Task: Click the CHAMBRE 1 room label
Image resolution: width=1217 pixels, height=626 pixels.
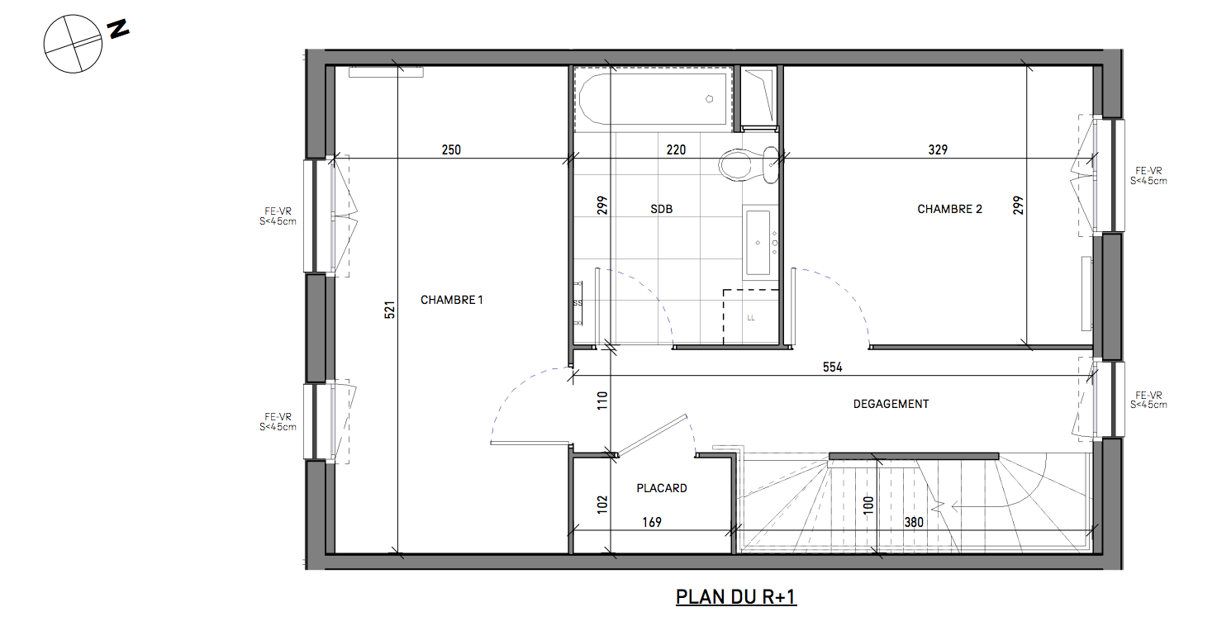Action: click(x=451, y=300)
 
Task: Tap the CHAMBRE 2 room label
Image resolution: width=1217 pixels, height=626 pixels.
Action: click(x=949, y=209)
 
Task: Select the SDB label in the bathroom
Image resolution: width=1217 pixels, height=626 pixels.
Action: click(x=661, y=209)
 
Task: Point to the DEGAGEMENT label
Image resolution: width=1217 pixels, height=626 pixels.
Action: click(x=891, y=404)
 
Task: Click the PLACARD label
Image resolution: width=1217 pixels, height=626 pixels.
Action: click(x=662, y=488)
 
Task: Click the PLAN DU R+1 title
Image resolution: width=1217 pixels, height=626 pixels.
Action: click(x=736, y=596)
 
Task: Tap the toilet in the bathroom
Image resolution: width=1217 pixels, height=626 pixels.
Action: click(x=749, y=164)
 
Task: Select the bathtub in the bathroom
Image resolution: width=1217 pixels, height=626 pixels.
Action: click(x=653, y=99)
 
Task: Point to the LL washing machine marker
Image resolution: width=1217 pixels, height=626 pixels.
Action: click(x=751, y=318)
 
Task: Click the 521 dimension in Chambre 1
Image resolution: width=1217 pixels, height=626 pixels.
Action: click(x=389, y=310)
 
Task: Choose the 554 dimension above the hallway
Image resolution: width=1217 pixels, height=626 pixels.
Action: click(x=832, y=368)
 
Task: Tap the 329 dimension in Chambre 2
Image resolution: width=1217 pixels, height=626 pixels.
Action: click(x=938, y=149)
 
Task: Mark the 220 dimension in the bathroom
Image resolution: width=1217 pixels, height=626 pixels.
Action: click(x=676, y=149)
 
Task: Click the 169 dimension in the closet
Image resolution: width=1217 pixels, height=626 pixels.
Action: click(x=652, y=522)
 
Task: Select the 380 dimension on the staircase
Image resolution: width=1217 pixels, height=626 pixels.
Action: click(x=914, y=522)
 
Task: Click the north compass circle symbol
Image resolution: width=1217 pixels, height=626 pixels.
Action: click(x=73, y=44)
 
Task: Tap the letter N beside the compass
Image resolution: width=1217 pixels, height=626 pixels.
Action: click(x=118, y=30)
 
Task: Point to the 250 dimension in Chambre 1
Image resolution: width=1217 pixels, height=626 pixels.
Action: click(x=451, y=149)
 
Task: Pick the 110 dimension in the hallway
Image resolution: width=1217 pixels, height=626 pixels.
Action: click(x=602, y=401)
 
